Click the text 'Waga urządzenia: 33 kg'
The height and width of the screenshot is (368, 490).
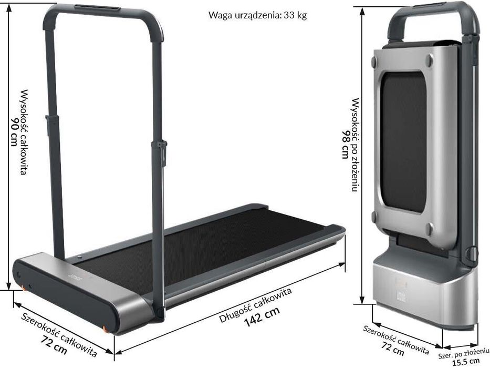[x=257, y=15]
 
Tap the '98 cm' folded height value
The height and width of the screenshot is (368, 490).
[x=345, y=144]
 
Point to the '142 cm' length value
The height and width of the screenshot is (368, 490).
[x=262, y=319]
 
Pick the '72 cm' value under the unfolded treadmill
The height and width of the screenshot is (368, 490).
[x=54, y=343]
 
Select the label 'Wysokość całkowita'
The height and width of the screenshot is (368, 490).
[x=24, y=131]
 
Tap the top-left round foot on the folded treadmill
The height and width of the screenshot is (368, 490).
[x=373, y=62]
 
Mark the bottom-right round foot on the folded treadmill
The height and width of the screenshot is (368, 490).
[x=429, y=229]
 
